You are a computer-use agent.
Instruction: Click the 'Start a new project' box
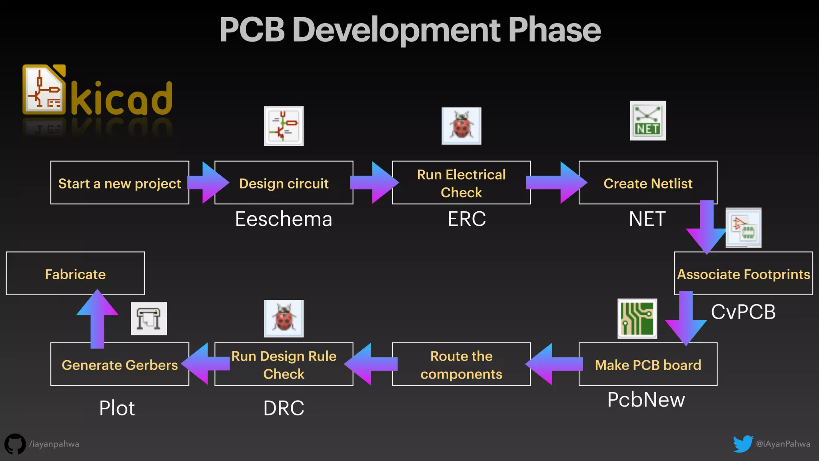click(x=120, y=183)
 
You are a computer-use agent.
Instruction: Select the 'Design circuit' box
click(x=284, y=183)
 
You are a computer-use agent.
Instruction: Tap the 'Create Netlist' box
click(x=648, y=183)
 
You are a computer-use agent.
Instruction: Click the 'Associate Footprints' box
click(x=743, y=274)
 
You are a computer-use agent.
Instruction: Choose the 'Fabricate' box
click(x=75, y=274)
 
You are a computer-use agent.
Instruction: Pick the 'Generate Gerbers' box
click(x=120, y=365)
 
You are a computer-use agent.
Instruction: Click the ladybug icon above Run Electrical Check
click(x=461, y=126)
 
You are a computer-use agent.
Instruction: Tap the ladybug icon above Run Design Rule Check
click(x=284, y=319)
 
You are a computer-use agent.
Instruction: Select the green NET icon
click(x=648, y=120)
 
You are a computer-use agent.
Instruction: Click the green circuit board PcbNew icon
click(x=637, y=319)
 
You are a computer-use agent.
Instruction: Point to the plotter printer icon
click(x=149, y=319)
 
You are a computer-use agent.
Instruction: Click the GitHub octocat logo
click(x=15, y=444)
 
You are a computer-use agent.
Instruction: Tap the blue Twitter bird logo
click(x=743, y=444)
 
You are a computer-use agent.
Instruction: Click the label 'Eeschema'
click(x=284, y=219)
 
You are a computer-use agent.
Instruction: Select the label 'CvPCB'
click(x=743, y=312)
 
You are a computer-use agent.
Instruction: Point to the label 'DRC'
click(x=284, y=408)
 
